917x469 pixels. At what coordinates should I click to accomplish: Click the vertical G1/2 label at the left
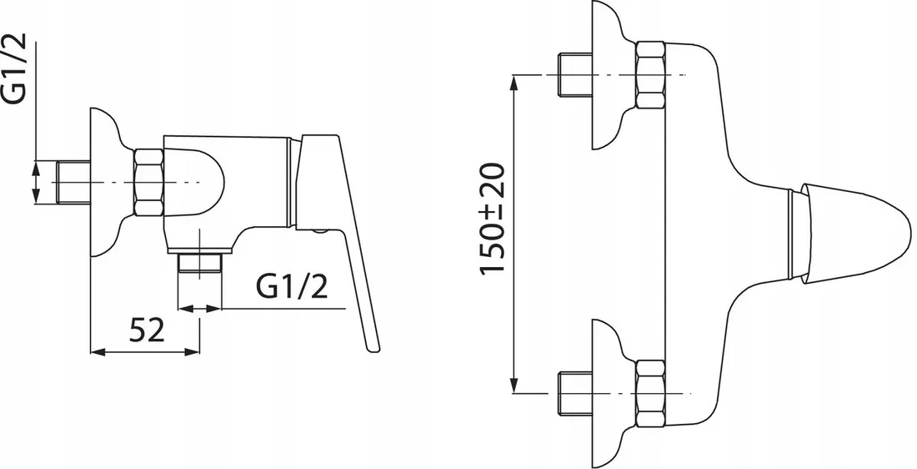coord(15,69)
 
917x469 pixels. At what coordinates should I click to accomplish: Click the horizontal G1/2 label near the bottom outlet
coord(292,287)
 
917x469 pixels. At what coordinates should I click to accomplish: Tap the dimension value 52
coord(148,330)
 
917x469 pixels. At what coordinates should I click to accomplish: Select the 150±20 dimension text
coord(492,218)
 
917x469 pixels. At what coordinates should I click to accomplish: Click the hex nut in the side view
coord(148,183)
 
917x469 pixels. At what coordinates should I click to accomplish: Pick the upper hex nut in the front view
coord(650,75)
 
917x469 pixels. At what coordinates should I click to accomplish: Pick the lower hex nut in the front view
coord(650,393)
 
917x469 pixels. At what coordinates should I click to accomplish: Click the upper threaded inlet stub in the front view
coord(575,75)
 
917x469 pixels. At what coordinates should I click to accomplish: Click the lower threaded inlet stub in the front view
coord(575,393)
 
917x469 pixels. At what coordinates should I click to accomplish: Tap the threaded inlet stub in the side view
coord(73,183)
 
